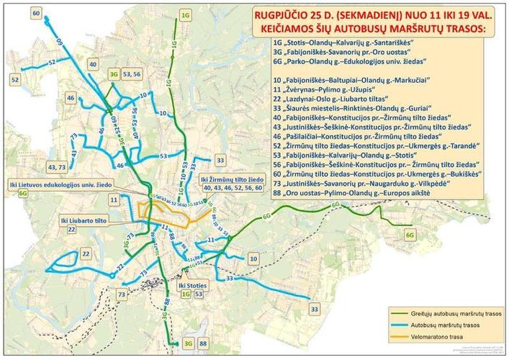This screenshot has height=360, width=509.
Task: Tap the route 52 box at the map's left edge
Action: pos(14,78)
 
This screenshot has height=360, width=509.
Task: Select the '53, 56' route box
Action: pos(132,73)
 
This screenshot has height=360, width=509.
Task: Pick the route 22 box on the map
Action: pos(86,253)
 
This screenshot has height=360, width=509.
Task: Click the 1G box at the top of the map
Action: pos(185,14)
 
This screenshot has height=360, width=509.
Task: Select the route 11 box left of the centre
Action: pos(114,198)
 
